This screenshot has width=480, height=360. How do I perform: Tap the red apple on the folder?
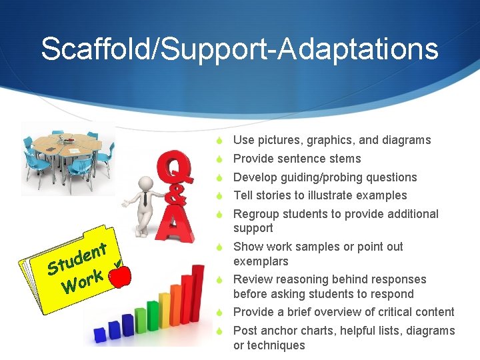click(x=119, y=277)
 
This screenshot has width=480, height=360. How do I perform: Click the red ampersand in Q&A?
click(x=177, y=196)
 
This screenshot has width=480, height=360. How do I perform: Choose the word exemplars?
click(x=261, y=261)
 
